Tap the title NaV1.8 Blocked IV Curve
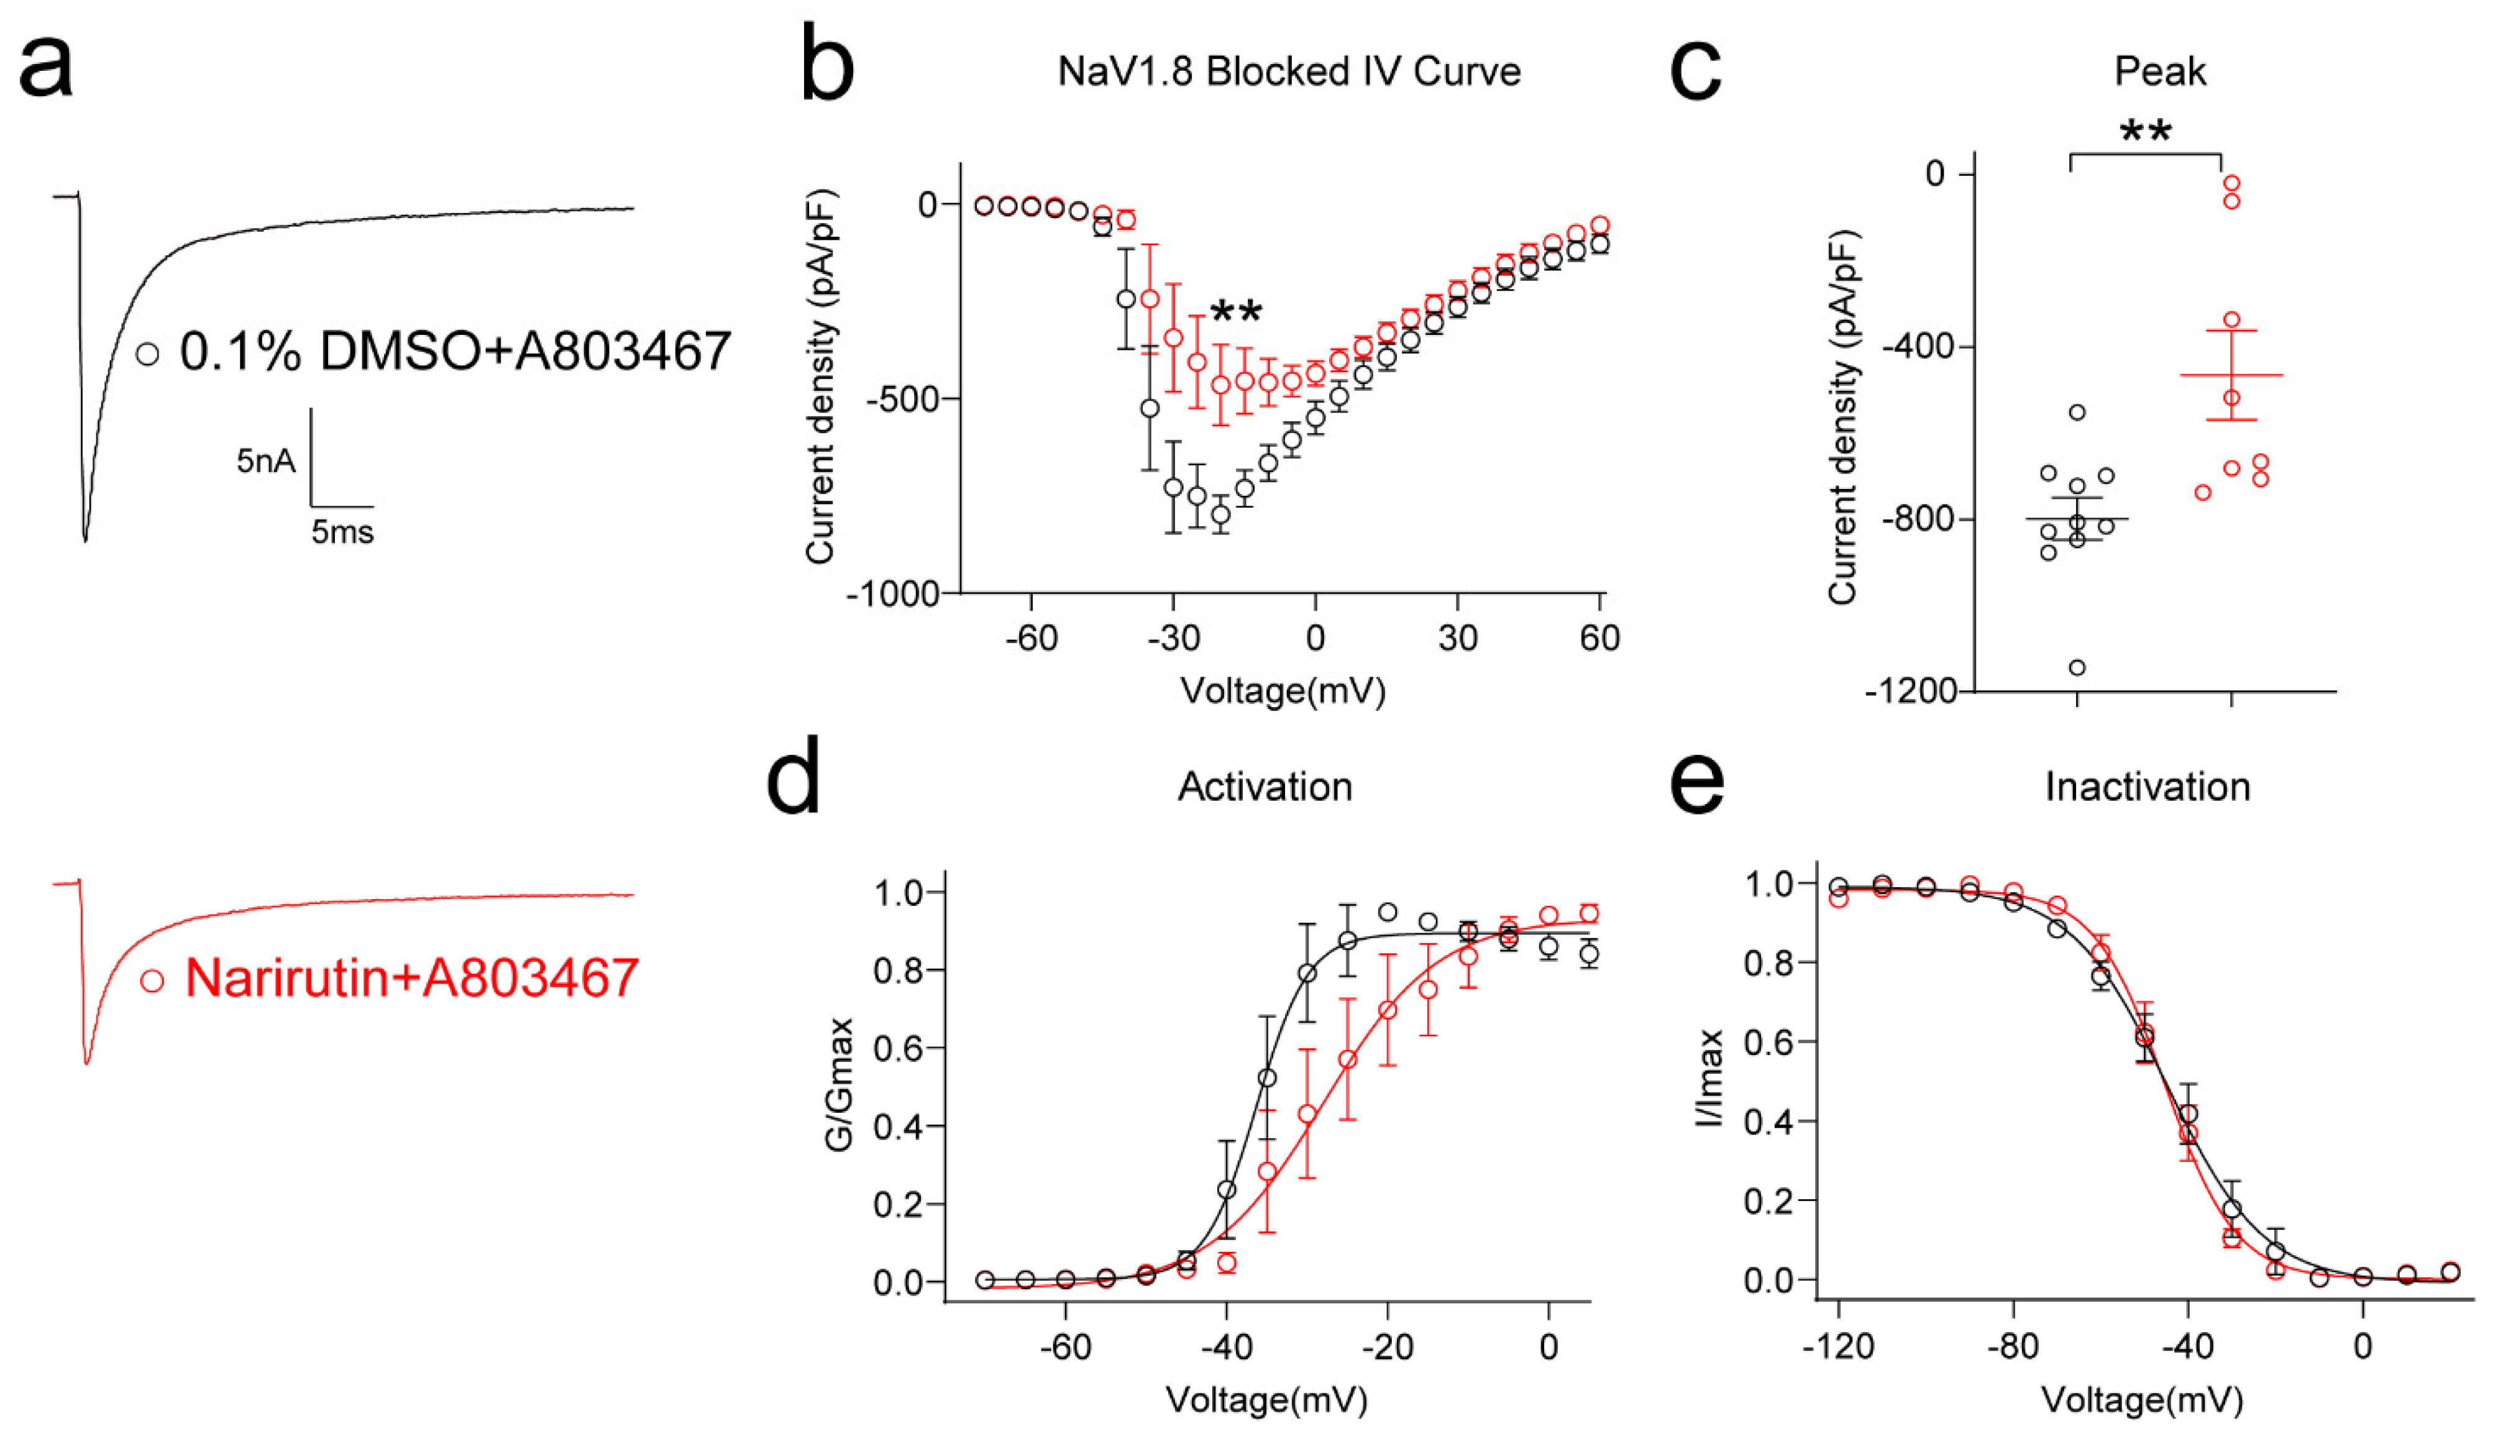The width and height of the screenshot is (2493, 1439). coord(1289,71)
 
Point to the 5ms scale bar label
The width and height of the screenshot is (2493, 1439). coord(342,532)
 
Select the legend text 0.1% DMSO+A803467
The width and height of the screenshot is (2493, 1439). coord(454,352)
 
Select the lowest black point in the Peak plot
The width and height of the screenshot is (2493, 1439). coord(2077,667)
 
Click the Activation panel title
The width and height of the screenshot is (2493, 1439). coord(1264,787)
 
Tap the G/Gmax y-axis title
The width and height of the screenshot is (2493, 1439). coord(838,1083)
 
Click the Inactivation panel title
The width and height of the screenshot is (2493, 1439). coord(2147,787)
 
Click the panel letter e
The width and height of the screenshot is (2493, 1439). coord(1696,781)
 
